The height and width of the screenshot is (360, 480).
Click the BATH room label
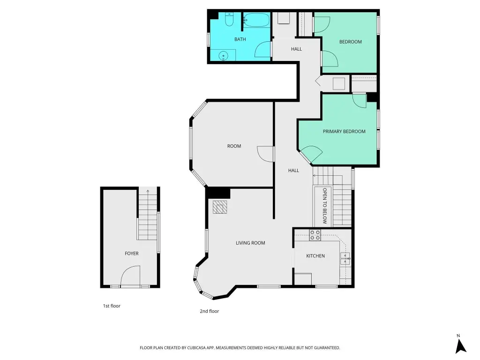tap(240, 39)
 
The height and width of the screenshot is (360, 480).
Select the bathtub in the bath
tap(256, 20)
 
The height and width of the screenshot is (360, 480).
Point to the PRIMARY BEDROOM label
tap(344, 132)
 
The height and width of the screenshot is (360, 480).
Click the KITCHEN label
tap(315, 256)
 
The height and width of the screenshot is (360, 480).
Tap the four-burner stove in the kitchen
tap(315, 235)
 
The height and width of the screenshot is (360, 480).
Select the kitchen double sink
tap(345, 258)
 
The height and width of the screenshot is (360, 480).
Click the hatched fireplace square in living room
tap(220, 207)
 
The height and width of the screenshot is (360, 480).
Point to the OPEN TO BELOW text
tap(325, 206)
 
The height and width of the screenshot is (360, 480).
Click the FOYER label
tap(132, 254)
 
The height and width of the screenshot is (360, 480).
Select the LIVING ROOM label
tap(250, 243)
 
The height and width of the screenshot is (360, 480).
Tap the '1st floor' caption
tap(112, 306)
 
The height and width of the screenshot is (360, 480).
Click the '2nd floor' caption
tap(210, 311)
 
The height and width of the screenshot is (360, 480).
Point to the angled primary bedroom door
tap(312, 154)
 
